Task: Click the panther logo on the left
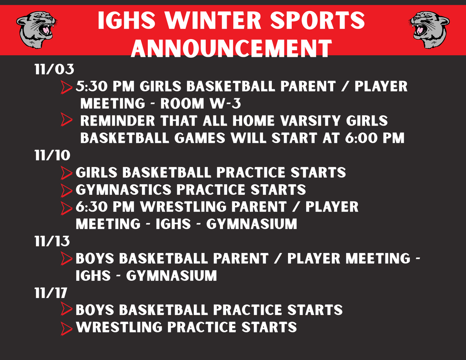tap(36, 30)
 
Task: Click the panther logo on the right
tap(429, 30)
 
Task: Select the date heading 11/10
tap(52, 156)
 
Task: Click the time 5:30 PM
tap(105, 86)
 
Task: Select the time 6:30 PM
tap(105, 207)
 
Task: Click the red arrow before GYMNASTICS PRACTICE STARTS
tap(66, 190)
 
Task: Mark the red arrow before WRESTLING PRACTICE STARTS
tap(66, 328)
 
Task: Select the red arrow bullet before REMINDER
tap(66, 120)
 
